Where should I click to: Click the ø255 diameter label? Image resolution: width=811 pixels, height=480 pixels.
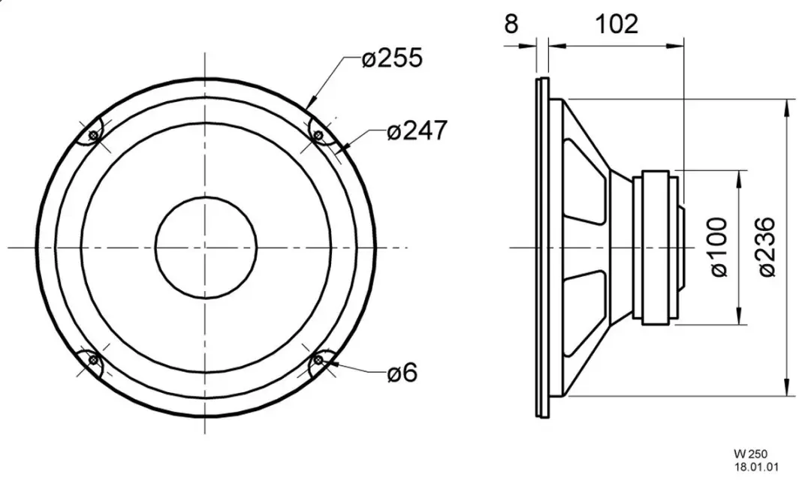392,57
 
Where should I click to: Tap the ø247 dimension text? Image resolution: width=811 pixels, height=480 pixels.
416,130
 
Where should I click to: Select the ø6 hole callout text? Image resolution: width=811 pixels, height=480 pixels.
402,372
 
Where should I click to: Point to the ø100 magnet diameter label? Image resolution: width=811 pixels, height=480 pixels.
719,247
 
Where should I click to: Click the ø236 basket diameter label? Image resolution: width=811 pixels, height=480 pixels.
767,247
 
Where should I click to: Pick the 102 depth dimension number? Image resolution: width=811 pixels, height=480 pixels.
617,24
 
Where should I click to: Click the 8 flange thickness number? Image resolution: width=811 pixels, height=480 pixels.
511,24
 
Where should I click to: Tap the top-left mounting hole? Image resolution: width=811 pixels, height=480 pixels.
94,135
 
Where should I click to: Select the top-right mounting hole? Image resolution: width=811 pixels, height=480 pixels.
318,135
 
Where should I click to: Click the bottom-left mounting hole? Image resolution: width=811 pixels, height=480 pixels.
94,359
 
